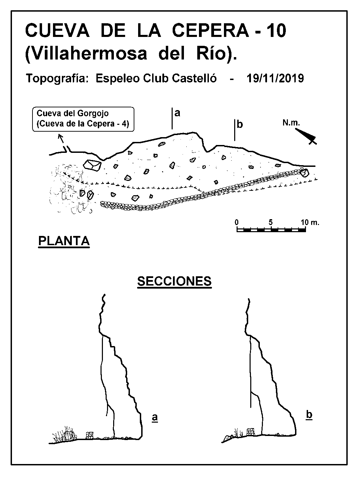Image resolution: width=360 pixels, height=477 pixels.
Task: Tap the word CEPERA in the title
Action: pos(210,31)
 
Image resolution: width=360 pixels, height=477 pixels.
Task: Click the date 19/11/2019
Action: pos(275,78)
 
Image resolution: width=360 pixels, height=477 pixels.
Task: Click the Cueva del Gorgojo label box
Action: pos(83,119)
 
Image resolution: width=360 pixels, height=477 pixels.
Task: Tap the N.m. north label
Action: pos(291,123)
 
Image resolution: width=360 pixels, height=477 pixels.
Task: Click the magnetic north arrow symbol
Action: pos(306,136)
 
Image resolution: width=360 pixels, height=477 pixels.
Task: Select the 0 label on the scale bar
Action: pos(236,222)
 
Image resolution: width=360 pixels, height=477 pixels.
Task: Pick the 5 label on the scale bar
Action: pos(270,222)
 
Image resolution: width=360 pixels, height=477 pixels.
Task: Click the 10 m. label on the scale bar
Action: pos(310,222)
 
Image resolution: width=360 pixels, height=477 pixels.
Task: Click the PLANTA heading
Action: pos(64,241)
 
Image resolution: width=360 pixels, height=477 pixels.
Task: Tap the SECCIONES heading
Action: pos(174,281)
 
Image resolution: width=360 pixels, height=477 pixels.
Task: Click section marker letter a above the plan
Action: pos(177,113)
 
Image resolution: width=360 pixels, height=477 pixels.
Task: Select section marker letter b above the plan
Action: pos(240,124)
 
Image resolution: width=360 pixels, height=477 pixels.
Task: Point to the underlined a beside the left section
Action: pos(155,417)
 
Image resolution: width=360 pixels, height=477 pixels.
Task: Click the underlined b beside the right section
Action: pos(309,415)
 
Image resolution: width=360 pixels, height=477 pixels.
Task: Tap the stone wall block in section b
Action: pos(251,432)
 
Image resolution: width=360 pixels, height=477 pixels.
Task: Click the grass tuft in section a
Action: pos(65,435)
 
